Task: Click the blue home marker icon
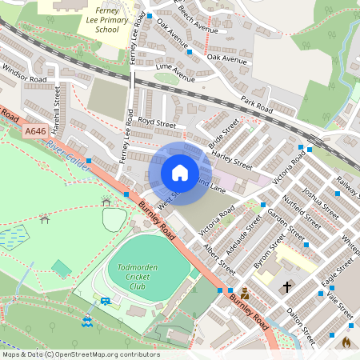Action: pyautogui.click(x=180, y=172)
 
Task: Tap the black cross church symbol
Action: pyautogui.click(x=287, y=286)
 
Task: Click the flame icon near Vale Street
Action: pyautogui.click(x=346, y=342)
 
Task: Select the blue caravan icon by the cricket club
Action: pyautogui.click(x=105, y=301)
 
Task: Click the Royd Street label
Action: pyautogui.click(x=156, y=123)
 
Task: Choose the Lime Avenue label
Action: pyautogui.click(x=175, y=74)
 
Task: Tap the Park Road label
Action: pyautogui.click(x=257, y=104)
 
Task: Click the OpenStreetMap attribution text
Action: pyautogui.click(x=80, y=354)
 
